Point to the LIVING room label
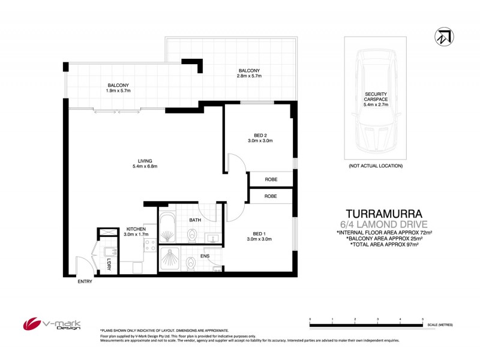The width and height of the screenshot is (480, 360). tap(145, 164)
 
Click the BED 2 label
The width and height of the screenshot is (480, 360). tap(259, 137)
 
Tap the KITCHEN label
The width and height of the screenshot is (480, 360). tap(136, 232)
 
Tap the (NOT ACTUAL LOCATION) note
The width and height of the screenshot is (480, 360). tap(376, 166)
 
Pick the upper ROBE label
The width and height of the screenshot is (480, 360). tap(271, 179)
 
